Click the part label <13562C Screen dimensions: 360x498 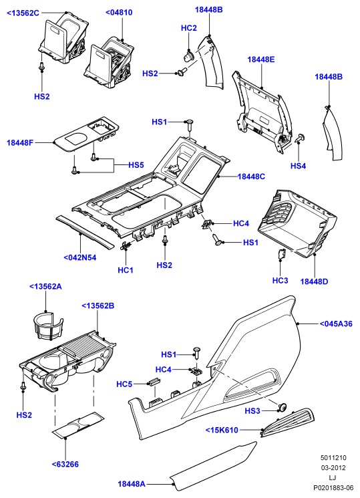pos(23,13)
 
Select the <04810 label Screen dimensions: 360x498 pos(119,13)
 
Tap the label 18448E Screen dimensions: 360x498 pos(261,59)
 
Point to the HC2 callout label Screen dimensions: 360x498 pos(189,28)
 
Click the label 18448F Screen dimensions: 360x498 pos(20,142)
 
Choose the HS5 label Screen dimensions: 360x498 pos(136,165)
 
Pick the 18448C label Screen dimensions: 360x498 pos(251,176)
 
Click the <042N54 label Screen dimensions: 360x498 pos(80,257)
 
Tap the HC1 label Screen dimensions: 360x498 pos(126,270)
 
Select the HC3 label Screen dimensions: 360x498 pos(281,281)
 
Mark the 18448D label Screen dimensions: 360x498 pos(314,281)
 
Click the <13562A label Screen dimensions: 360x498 pos(45,287)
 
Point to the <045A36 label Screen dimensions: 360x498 pos(336,324)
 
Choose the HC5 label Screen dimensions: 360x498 pos(124,384)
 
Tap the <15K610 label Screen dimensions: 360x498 pos(222,430)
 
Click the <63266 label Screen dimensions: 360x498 pos(65,465)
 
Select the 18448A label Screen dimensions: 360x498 pos(132,484)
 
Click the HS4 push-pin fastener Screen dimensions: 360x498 pos(300,138)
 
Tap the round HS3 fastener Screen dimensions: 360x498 pos(282,406)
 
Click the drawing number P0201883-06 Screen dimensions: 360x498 pos(333,488)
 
